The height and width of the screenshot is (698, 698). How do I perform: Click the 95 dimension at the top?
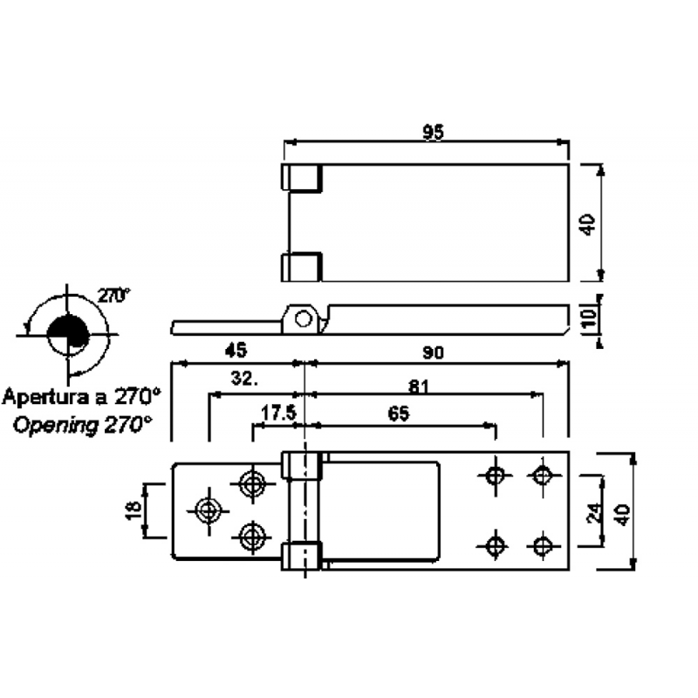[434, 133]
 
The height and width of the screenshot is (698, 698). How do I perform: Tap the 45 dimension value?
[235, 351]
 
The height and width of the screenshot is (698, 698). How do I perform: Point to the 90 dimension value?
[435, 352]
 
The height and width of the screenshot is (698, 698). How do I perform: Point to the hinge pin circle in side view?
[303, 318]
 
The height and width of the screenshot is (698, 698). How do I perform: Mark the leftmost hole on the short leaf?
[208, 510]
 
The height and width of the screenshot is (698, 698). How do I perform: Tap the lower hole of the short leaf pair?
[253, 536]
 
